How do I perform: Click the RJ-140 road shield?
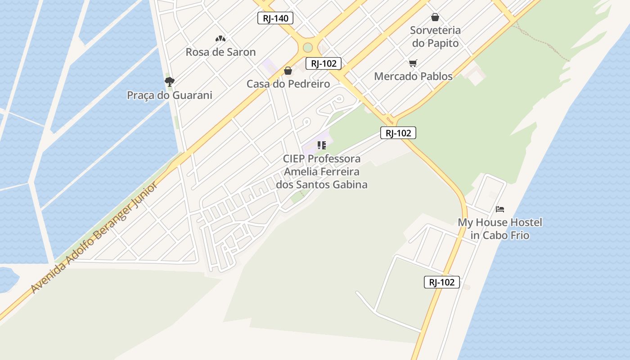[x=275, y=18]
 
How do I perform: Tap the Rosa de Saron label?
[x=220, y=52]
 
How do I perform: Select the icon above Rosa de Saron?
[x=220, y=39]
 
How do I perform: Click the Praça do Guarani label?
[x=169, y=95]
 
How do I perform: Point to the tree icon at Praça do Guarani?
[x=169, y=81]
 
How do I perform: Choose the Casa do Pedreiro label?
[x=288, y=84]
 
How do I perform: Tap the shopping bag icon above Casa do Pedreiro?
[x=288, y=71]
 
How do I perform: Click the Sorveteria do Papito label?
[x=435, y=36]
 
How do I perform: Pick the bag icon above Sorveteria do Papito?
[x=435, y=17]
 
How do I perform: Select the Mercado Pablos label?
[x=413, y=76]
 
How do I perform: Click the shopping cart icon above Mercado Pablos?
[x=413, y=63]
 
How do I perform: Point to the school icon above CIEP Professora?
[x=321, y=145]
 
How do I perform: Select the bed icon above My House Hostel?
[x=499, y=209]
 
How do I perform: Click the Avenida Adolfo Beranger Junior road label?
[x=94, y=237]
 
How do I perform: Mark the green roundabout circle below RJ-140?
[x=308, y=47]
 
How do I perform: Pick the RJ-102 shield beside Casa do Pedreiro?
[x=324, y=63]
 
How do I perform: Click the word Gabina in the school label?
[x=349, y=184]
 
